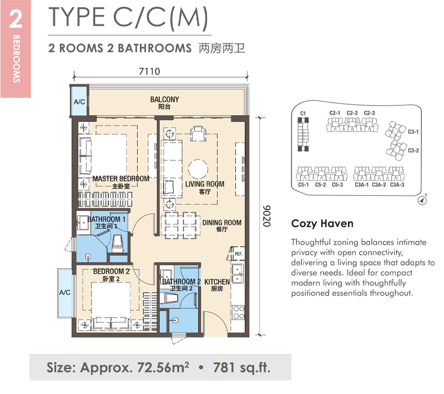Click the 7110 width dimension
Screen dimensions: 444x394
click(149, 71)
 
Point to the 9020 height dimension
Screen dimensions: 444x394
click(266, 216)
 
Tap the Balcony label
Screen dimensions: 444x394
click(164, 103)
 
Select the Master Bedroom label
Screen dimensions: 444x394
click(121, 182)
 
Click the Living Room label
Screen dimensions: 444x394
click(205, 188)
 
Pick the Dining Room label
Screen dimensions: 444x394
click(221, 226)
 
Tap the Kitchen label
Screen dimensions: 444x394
click(217, 285)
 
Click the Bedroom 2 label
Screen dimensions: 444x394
click(112, 275)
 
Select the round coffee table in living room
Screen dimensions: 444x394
click(198, 169)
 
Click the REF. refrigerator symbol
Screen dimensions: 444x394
click(237, 254)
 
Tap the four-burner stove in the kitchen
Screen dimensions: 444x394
click(238, 312)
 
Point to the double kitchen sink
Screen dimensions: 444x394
click(238, 274)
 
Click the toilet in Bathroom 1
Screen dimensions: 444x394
click(118, 244)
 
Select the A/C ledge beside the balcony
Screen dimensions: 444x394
click(79, 102)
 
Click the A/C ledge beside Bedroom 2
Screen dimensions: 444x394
click(65, 292)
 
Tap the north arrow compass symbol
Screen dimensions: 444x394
click(422, 200)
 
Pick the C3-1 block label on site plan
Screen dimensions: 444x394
click(413, 132)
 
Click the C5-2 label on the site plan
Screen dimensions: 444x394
click(320, 185)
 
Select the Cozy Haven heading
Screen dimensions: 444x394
click(322, 224)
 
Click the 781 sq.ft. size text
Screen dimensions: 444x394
click(241, 368)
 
